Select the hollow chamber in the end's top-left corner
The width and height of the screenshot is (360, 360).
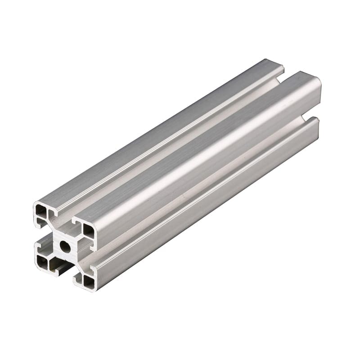click(x=41, y=211)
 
